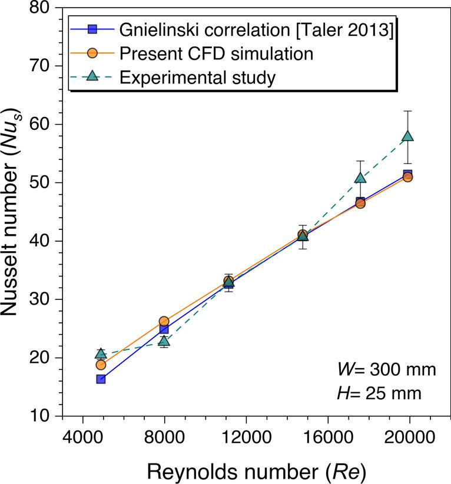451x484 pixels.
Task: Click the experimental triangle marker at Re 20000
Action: (x=408, y=136)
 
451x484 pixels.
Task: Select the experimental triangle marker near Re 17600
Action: (x=360, y=178)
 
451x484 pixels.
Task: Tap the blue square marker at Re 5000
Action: (x=101, y=379)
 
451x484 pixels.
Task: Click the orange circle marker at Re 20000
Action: (x=407, y=177)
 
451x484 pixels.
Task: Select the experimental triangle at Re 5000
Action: (x=101, y=353)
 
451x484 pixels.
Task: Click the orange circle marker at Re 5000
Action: (x=101, y=365)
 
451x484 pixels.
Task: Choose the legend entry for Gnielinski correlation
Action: (x=256, y=29)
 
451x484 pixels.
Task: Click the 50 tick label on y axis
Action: (x=47, y=183)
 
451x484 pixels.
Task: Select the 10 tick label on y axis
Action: (x=47, y=416)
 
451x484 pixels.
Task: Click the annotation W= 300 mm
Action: (x=386, y=370)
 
